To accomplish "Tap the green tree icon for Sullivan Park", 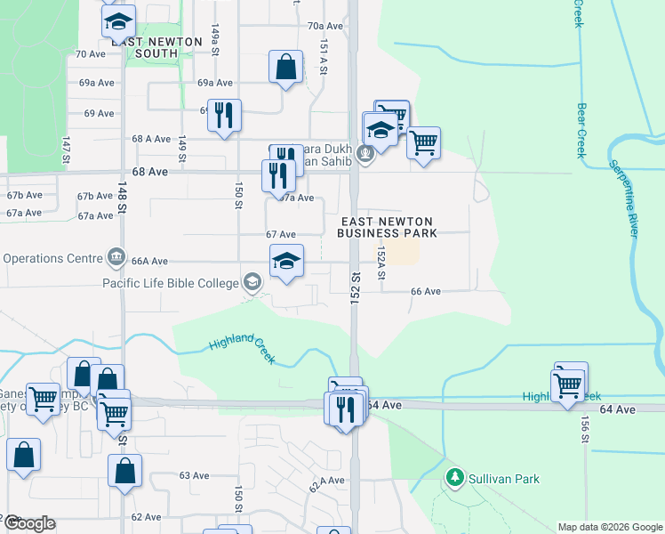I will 456,478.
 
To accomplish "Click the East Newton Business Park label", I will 386,227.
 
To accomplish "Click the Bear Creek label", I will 581,130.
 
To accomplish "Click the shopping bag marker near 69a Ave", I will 286,67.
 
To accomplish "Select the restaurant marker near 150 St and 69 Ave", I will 224,115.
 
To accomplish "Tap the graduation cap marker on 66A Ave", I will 286,262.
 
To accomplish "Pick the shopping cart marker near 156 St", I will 568,385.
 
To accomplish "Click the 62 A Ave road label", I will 326,484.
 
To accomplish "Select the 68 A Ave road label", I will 150,139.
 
